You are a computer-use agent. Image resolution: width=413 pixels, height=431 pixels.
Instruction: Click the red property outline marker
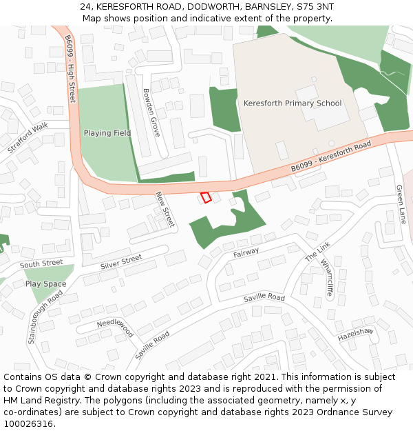205,197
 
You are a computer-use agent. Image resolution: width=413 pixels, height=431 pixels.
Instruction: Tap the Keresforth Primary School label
293,103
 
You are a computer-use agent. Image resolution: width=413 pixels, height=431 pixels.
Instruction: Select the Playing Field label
107,133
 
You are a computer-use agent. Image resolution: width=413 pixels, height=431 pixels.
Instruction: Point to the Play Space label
46,284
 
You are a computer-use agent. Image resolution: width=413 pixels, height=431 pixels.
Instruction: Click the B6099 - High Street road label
71,69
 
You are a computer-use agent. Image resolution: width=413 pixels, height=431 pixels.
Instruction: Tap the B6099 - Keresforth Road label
330,157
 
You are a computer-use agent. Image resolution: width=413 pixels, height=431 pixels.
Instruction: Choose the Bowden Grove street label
151,112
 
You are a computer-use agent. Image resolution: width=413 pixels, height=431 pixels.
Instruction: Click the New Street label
166,210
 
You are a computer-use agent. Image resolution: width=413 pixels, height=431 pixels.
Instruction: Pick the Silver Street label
121,261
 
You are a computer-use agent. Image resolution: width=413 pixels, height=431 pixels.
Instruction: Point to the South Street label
41,264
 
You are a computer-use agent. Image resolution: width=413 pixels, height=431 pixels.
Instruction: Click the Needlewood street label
115,326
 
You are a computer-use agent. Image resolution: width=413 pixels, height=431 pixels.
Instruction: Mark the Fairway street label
246,253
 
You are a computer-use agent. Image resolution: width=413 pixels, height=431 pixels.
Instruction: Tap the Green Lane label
401,203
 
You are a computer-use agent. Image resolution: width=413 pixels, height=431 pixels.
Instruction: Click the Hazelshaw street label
355,335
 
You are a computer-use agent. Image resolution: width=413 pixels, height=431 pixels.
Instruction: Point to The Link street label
318,252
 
